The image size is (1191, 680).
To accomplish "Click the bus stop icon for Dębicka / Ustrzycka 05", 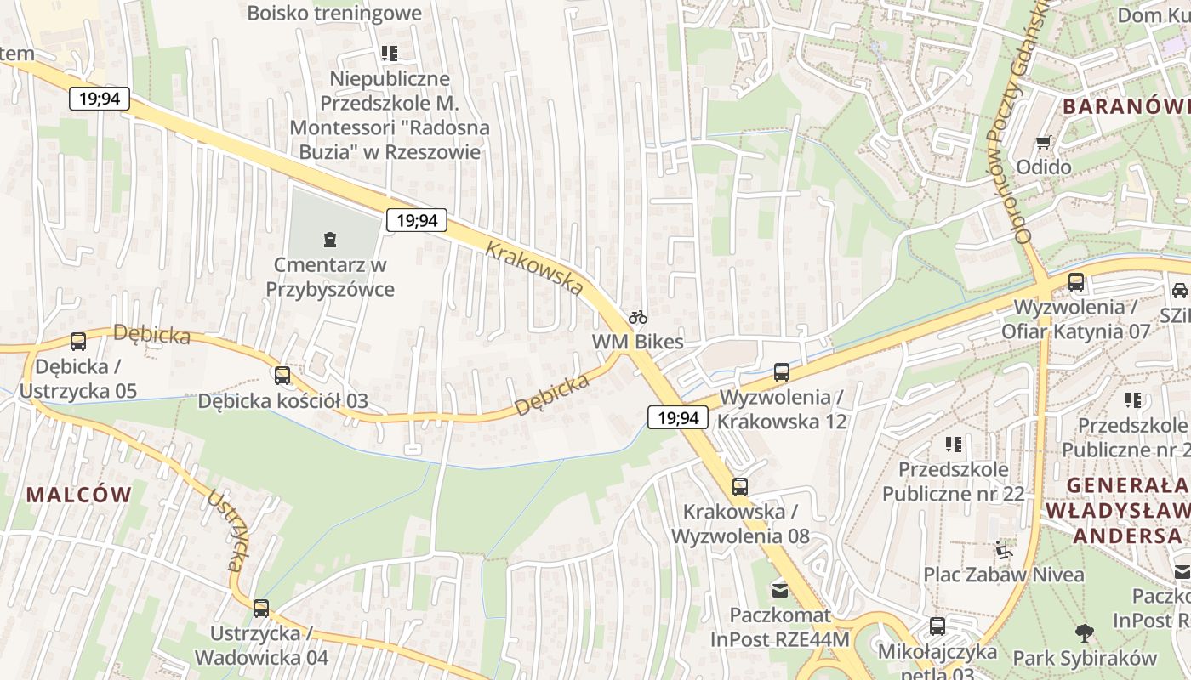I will coord(77,342).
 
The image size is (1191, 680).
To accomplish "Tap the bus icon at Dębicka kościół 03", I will coord(282,375).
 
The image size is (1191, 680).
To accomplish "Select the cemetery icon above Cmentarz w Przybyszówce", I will coord(329,240).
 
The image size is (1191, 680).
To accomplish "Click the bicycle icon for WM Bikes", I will coord(638,317).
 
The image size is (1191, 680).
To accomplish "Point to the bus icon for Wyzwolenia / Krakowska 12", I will coord(782,371).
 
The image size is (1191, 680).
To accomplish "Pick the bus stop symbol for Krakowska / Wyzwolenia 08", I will coord(740,487).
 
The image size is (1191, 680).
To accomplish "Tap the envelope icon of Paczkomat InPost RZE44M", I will coord(779,589).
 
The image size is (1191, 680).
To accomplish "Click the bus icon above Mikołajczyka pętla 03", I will coord(937,626).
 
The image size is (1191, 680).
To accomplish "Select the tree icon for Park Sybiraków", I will coord(1085,632).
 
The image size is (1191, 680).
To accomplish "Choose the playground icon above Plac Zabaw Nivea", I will coord(1004,549).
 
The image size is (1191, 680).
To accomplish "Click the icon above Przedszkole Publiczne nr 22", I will coord(953,444).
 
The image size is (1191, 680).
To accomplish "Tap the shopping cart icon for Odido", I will coord(1044,142).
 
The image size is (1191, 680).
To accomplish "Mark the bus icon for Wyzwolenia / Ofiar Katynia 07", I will coord(1076,281).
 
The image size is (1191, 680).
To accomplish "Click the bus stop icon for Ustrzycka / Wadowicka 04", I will coord(261,608).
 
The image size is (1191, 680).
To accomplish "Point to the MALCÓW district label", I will coord(79,495).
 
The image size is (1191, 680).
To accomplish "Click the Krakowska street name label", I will coord(534,269).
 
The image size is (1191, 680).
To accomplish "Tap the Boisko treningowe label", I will coord(334,13).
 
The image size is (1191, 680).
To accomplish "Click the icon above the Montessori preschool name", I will coord(390,54).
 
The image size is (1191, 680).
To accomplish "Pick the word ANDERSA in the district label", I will coord(1128,535).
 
